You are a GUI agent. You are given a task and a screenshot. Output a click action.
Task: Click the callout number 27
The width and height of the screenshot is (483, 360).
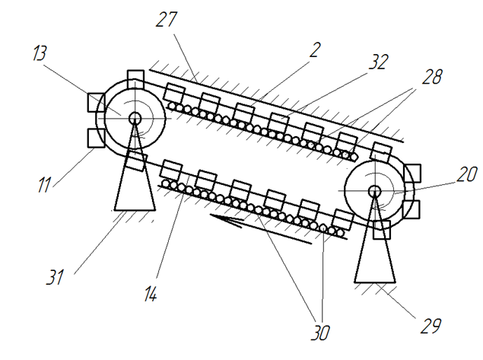tap(167, 20)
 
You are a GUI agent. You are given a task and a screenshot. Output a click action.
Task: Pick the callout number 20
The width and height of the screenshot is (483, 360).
tap(467, 174)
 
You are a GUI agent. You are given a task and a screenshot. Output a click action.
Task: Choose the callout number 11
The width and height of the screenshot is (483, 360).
tap(44, 184)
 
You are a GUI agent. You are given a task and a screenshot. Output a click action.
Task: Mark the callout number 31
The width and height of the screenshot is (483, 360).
tap(55, 276)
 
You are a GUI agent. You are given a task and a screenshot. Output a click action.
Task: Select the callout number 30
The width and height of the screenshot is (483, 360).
tap(320, 333)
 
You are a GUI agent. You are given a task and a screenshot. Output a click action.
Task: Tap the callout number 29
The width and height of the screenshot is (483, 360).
tap(431, 326)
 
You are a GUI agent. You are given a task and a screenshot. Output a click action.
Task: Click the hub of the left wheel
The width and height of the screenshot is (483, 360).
tap(135, 118)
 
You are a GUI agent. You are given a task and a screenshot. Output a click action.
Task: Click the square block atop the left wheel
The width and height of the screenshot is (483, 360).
tap(135, 79)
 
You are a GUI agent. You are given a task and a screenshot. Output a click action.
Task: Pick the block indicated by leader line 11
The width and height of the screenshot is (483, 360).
tap(96, 139)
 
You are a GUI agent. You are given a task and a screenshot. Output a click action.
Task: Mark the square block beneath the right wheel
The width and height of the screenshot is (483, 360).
tap(382, 230)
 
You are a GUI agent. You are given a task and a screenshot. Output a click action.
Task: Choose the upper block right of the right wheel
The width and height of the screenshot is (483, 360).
tap(412, 174)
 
